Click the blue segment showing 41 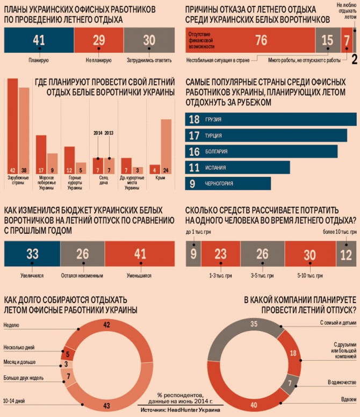click(38, 40)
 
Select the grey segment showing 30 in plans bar click(149, 40)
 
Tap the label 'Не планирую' click(98, 60)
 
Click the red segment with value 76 click(250, 41)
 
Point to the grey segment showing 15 click(327, 41)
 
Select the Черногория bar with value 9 click(228, 183)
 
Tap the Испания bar click(237, 167)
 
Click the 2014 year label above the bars click(97, 132)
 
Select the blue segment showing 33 click(32, 254)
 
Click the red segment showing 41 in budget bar click(139, 254)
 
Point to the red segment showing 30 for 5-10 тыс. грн click(309, 255)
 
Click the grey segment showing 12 click(345, 255)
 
